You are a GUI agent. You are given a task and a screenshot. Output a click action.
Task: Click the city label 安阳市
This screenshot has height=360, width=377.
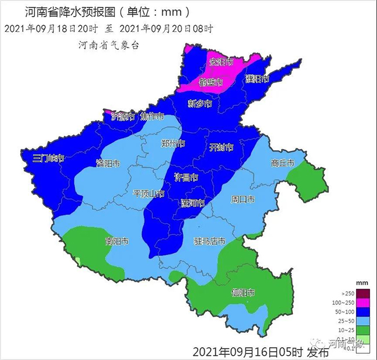click(x=221, y=61)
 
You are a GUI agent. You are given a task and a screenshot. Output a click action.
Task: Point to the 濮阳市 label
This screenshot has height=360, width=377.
click(x=256, y=79)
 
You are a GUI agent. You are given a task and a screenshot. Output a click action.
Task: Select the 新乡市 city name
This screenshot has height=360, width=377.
click(x=200, y=104)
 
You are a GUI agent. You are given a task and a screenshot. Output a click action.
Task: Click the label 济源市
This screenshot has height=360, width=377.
click(x=123, y=116)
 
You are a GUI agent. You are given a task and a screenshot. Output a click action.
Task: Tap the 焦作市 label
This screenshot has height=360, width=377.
click(x=153, y=116)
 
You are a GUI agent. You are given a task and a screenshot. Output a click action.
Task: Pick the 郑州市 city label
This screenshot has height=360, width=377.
click(x=173, y=143)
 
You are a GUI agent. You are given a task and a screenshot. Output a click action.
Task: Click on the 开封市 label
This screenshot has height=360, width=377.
click(x=221, y=146)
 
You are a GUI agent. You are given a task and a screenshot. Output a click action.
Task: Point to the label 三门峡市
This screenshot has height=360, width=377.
click(x=48, y=158)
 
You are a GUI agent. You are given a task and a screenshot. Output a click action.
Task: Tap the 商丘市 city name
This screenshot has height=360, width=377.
click(x=282, y=163)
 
